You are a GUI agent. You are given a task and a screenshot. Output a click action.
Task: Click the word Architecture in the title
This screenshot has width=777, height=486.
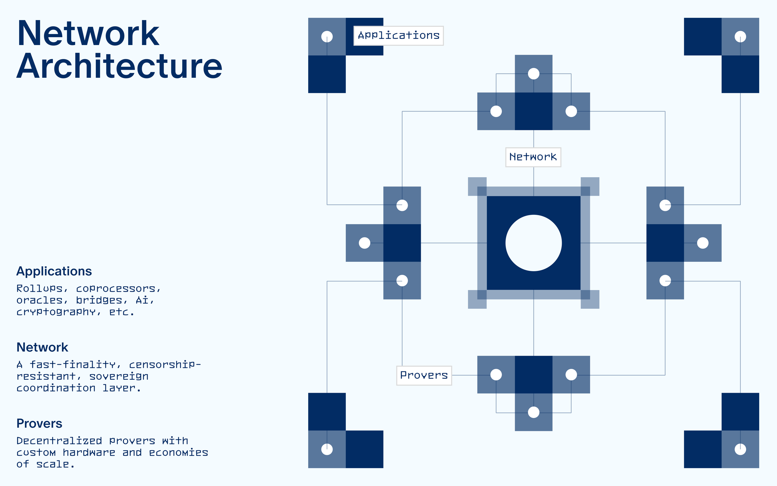[x=119, y=66]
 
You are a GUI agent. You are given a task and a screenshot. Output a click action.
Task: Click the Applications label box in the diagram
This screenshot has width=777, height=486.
[x=399, y=36]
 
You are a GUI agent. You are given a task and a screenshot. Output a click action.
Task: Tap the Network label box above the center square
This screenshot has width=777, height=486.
[x=533, y=157]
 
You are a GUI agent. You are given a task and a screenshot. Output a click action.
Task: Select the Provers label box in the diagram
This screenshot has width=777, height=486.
[x=424, y=376]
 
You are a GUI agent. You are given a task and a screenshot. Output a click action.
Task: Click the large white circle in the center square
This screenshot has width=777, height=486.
[x=534, y=243]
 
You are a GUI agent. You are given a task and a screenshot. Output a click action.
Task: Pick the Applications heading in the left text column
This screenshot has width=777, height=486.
[x=54, y=271]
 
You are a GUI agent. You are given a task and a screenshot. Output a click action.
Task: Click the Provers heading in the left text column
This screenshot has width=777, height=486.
[x=39, y=423]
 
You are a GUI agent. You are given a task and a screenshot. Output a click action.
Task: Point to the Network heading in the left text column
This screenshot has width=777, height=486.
[x=42, y=347]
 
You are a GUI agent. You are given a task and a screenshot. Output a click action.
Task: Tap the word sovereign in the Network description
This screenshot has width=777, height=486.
[x=119, y=376]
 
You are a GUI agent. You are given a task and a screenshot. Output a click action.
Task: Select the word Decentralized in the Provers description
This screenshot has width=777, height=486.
[x=59, y=441]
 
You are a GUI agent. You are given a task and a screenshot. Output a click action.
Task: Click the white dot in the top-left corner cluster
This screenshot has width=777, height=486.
[x=327, y=37]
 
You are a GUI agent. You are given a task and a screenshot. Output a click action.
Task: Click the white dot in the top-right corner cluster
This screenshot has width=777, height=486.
[x=740, y=37]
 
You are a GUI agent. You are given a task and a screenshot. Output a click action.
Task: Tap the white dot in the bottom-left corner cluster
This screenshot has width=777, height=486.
[x=327, y=449]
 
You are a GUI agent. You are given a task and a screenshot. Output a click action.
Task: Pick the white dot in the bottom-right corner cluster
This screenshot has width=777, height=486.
[x=740, y=449]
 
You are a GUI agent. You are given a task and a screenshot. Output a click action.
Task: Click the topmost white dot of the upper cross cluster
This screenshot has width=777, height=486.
[x=534, y=74]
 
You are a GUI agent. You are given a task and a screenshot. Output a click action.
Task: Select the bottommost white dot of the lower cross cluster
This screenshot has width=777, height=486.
[x=534, y=412]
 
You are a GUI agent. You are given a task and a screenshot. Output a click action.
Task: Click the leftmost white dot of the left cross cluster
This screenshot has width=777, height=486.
[x=365, y=243]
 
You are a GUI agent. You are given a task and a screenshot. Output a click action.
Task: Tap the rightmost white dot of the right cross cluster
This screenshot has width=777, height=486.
[x=703, y=243]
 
